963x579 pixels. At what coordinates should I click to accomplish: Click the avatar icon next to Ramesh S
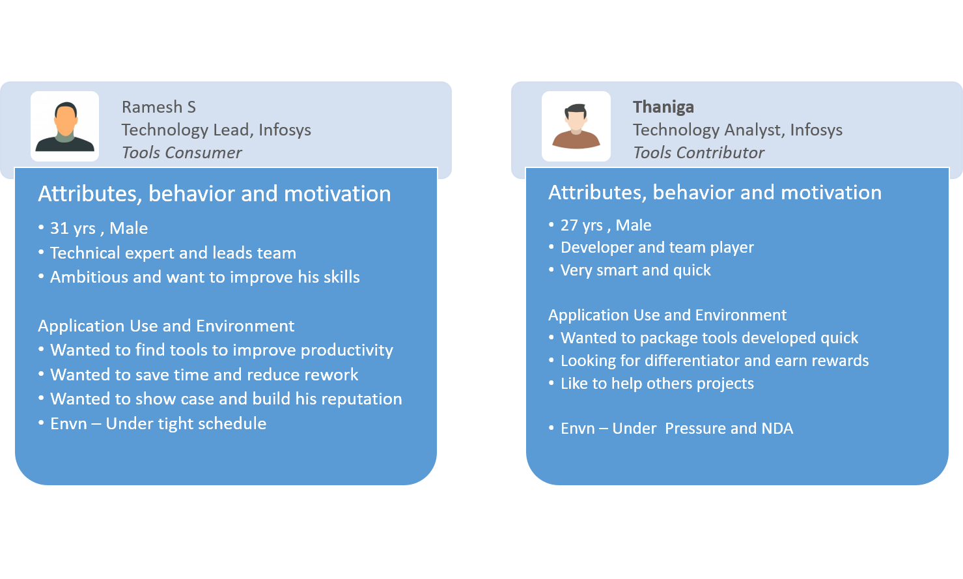tap(64, 126)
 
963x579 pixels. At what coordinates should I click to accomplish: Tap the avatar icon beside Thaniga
tap(576, 126)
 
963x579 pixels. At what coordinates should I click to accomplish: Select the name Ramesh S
tap(159, 107)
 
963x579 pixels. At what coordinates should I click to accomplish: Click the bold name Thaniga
tap(663, 107)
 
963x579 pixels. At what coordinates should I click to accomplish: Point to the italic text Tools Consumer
tap(182, 152)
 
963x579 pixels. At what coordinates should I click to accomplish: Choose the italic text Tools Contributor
tap(699, 152)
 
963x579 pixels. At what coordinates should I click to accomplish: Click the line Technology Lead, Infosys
tap(216, 130)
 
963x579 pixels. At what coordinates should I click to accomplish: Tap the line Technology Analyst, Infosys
tap(738, 130)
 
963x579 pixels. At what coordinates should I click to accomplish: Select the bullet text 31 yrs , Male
tap(99, 228)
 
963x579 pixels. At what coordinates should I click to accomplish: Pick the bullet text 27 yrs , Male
tap(606, 225)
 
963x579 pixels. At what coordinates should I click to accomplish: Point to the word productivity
tap(347, 350)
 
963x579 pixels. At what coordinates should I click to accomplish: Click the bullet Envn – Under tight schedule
tap(158, 424)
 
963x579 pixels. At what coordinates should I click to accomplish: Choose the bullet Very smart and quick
tap(635, 270)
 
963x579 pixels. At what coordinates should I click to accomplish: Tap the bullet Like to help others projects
tap(657, 383)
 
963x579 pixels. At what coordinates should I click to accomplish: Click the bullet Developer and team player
tap(657, 247)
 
